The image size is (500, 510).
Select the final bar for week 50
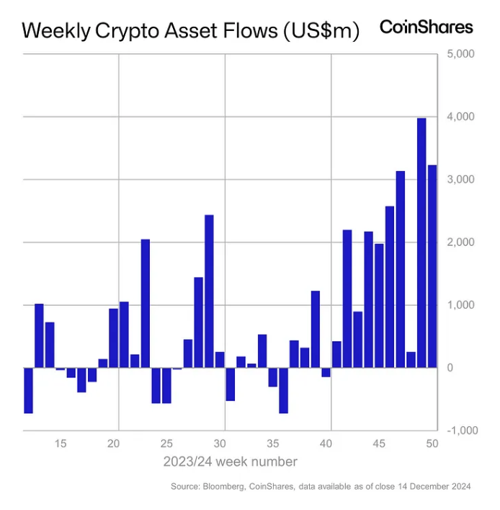coord(432,266)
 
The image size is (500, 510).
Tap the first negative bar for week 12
coord(29,390)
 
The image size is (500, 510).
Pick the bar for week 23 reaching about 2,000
coord(145,303)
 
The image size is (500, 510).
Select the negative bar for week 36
coord(283,390)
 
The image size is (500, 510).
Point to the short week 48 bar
coord(411,360)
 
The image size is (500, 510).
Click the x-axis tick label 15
coord(61,443)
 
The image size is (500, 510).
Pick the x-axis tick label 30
coord(220,443)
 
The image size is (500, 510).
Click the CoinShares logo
coord(427,27)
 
